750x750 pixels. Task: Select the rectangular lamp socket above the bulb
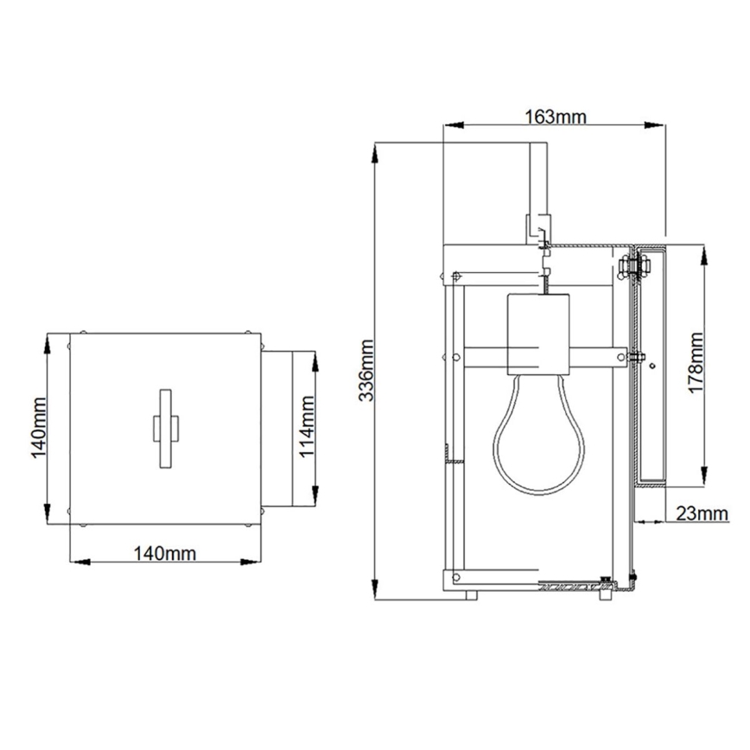click(x=538, y=333)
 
